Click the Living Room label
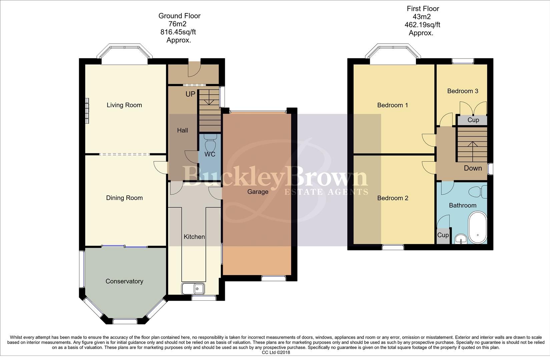pos(124,105)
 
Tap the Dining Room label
pos(124,198)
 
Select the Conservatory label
pos(124,281)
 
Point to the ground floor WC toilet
pos(210,143)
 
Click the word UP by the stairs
pos(190,94)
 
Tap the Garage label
pos(257,192)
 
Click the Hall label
pos(182,130)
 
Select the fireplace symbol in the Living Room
pos(87,111)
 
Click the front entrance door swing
pos(194,68)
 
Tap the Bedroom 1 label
pos(392,105)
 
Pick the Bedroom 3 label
pos(463,91)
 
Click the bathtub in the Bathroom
pos(478,227)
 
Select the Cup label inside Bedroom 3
pos(473,120)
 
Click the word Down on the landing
pos(473,168)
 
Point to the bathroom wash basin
pos(462,239)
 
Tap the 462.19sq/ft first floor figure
pos(422,25)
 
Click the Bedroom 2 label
pos(392,198)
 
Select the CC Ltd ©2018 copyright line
pos(276,352)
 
